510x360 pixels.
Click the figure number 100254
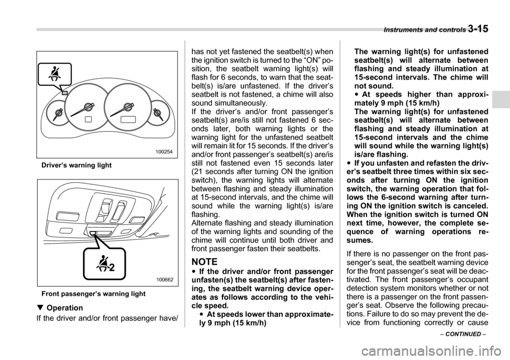click(x=165, y=152)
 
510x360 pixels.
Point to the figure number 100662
click(x=165, y=279)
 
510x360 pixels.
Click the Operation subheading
click(x=64, y=308)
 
